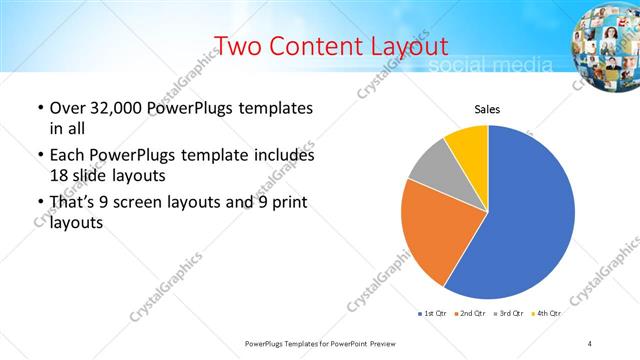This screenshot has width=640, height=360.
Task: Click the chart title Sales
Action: tap(487, 110)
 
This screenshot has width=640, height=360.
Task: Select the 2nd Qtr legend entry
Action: tap(473, 313)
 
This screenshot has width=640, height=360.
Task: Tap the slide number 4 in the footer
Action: tap(589, 343)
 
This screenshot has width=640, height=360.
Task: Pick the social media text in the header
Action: tap(490, 66)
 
